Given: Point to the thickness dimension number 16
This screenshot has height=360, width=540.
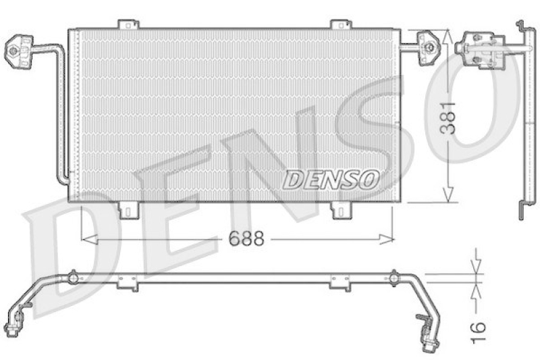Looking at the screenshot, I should pyautogui.click(x=477, y=327).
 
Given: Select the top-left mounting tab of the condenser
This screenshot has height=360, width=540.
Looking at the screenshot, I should pyautogui.click(x=128, y=25).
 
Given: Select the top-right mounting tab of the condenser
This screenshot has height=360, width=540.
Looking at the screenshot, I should pyautogui.click(x=340, y=25).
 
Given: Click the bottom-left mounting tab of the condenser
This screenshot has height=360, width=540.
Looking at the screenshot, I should pyautogui.click(x=128, y=210).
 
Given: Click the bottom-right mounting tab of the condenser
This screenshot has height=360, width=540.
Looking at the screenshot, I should pyautogui.click(x=340, y=210).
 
